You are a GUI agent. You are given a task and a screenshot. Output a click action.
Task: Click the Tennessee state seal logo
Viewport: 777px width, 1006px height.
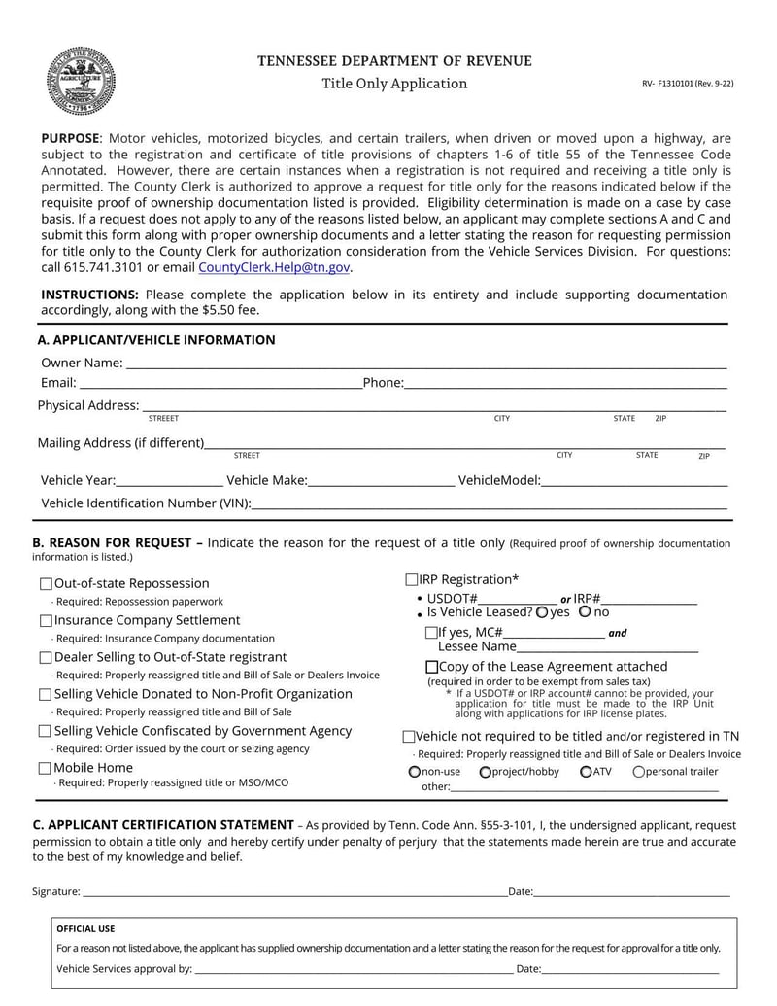point(82,81)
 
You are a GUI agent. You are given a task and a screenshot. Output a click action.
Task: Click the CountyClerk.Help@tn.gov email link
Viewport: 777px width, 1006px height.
point(274,268)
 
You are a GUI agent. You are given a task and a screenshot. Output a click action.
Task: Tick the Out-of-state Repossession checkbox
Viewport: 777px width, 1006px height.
point(46,584)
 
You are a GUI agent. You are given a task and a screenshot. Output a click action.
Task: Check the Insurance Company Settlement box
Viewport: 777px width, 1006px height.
point(46,621)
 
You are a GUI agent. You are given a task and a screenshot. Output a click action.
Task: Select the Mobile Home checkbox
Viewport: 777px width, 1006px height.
point(46,769)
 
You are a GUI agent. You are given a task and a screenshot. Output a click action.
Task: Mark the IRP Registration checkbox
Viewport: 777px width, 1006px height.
point(412,580)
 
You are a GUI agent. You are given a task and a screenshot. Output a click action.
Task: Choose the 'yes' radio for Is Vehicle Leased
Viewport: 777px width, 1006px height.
point(541,612)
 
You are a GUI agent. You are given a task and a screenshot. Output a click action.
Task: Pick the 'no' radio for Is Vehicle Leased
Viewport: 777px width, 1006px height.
point(584,612)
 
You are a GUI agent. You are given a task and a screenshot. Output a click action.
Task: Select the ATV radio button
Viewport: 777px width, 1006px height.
point(586,772)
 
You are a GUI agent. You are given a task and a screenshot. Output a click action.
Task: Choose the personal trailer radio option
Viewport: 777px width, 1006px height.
point(638,772)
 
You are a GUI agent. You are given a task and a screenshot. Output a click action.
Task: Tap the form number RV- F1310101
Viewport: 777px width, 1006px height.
point(687,84)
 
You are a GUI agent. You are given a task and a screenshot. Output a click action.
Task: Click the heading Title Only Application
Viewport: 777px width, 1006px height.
point(394,84)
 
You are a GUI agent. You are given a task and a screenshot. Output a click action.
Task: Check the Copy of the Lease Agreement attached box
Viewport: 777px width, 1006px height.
point(432,668)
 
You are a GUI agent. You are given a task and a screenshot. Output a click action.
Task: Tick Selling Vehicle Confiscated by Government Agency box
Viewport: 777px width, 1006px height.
point(46,732)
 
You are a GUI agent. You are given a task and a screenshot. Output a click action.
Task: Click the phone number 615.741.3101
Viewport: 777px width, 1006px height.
point(102,268)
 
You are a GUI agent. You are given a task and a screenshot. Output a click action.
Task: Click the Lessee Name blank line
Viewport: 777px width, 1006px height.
point(607,647)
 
